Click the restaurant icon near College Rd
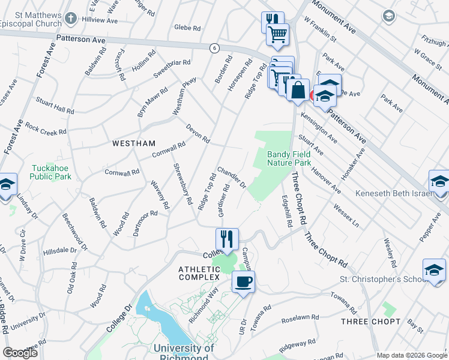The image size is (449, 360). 227,239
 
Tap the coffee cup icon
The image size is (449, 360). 243,281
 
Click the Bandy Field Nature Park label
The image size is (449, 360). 289,158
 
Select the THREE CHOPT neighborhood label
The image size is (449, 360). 370,322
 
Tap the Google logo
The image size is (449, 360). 20,352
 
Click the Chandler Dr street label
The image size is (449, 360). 232,177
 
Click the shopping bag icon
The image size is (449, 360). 298,91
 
